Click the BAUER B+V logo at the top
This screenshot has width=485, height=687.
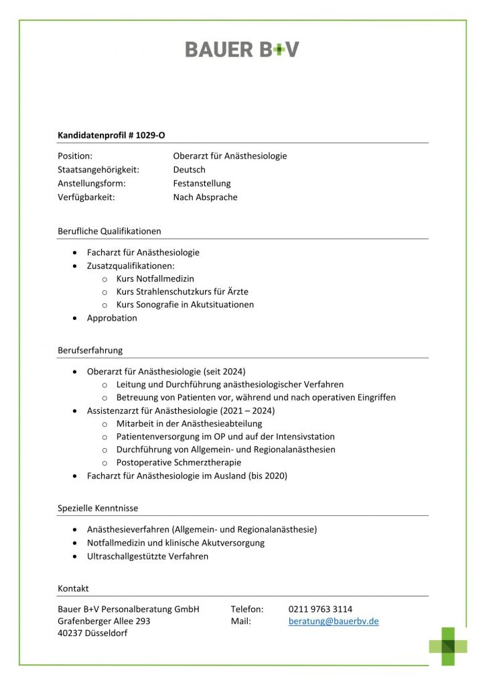pyautogui.click(x=242, y=49)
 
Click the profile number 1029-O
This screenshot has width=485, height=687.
pyautogui.click(x=149, y=135)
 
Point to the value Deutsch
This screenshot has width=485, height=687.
pyautogui.click(x=189, y=170)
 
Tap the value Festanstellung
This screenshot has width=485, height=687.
pyautogui.click(x=202, y=183)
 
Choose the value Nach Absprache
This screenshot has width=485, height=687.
pyautogui.click(x=205, y=197)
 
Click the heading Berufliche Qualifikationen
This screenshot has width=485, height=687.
pyautogui.click(x=109, y=231)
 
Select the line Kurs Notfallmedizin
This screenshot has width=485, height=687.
pyautogui.click(x=155, y=278)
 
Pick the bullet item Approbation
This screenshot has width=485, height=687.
pyautogui.click(x=112, y=318)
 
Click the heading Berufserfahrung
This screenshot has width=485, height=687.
pyautogui.click(x=90, y=350)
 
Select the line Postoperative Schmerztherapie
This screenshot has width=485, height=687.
pyautogui.click(x=178, y=462)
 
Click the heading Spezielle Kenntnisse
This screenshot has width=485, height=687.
pyautogui.click(x=98, y=508)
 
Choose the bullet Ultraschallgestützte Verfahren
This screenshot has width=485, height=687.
pyautogui.click(x=147, y=556)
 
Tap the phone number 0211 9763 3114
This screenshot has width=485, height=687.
pyautogui.click(x=320, y=609)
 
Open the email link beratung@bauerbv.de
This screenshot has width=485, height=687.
pyautogui.click(x=334, y=621)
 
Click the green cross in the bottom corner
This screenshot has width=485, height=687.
pyautogui.click(x=448, y=646)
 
